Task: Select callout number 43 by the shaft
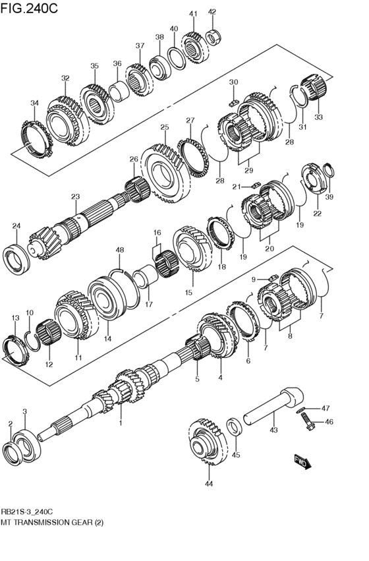[273, 430]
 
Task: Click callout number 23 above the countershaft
[75, 196]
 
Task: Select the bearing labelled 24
[18, 255]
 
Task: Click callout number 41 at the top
[193, 14]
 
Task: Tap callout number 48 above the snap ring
[120, 250]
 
